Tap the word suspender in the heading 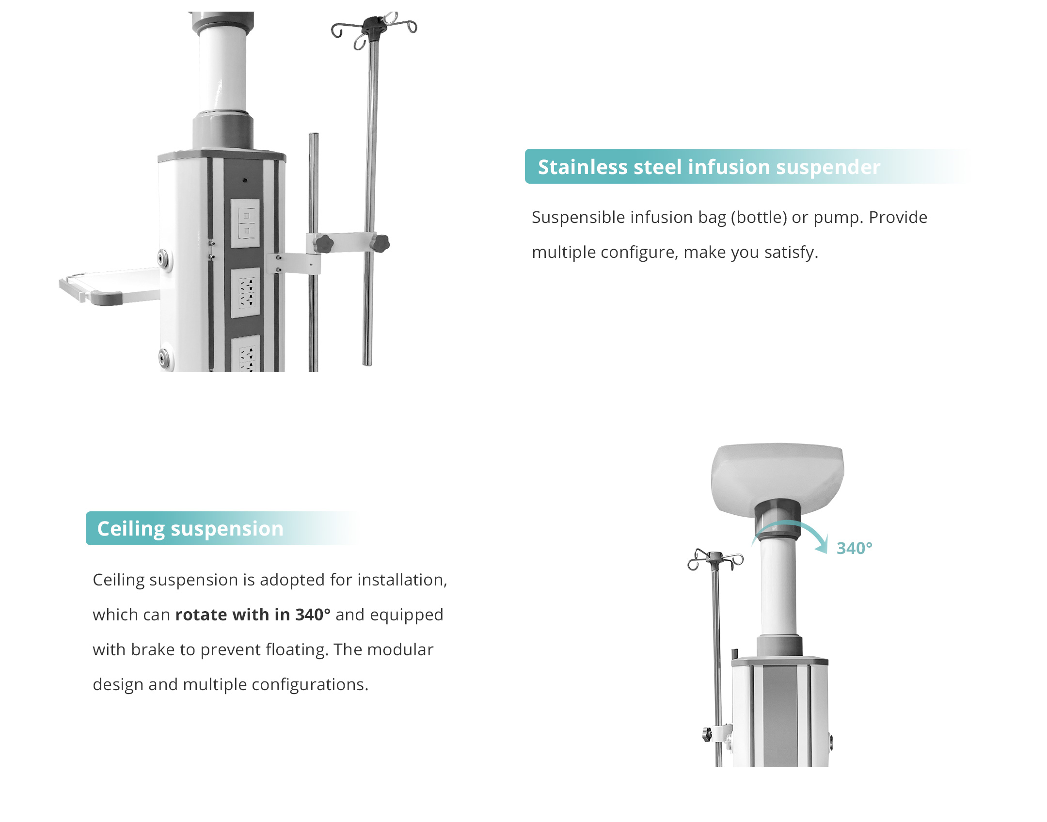[828, 168]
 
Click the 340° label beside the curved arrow [854, 548]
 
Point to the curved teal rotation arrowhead [822, 545]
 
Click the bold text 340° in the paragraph [313, 615]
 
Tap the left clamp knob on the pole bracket [323, 243]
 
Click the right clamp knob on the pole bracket [381, 243]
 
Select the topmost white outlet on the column [245, 223]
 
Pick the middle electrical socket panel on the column [246, 293]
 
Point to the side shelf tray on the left [110, 286]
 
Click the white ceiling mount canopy [777, 478]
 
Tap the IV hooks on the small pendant [715, 560]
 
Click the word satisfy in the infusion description [793, 253]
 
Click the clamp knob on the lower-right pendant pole [707, 734]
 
